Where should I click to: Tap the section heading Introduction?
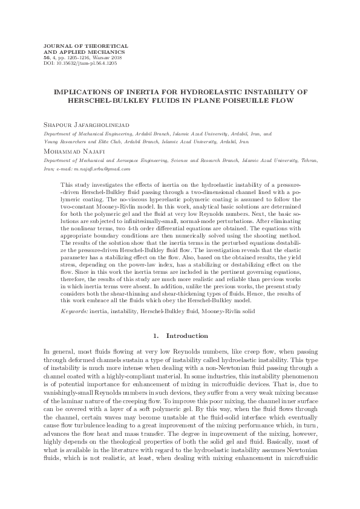click(x=187, y=335)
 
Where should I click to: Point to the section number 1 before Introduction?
click(x=155, y=335)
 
